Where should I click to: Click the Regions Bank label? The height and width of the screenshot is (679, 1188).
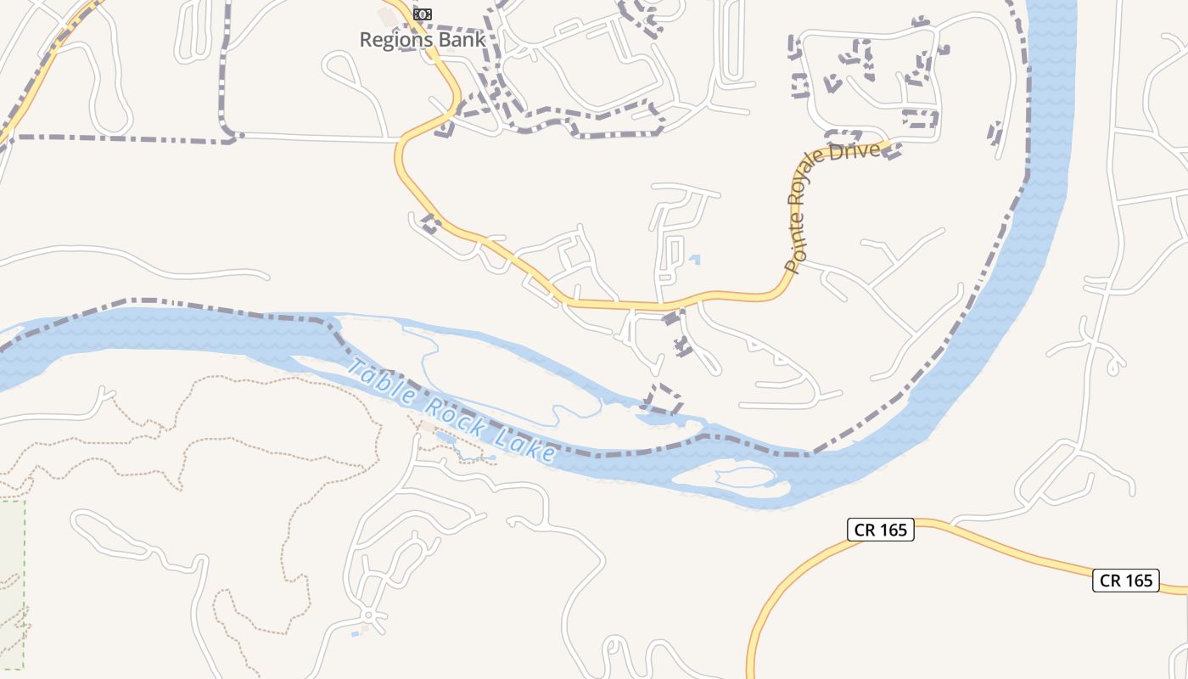click(x=423, y=39)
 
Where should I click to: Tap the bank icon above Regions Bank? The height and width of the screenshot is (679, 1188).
click(x=422, y=14)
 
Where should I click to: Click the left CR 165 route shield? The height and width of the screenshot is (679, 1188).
click(x=880, y=530)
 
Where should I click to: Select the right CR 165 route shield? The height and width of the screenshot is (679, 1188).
click(x=1125, y=581)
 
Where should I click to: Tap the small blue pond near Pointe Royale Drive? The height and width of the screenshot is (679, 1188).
click(x=695, y=260)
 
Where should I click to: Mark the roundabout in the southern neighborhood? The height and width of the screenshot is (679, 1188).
click(x=368, y=614)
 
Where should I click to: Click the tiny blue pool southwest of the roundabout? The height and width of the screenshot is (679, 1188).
click(x=355, y=633)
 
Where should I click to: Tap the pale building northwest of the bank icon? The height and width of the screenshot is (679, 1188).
click(x=389, y=16)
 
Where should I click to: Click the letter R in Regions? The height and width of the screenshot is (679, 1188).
click(x=366, y=39)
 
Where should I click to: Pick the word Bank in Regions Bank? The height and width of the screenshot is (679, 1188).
click(x=465, y=39)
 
